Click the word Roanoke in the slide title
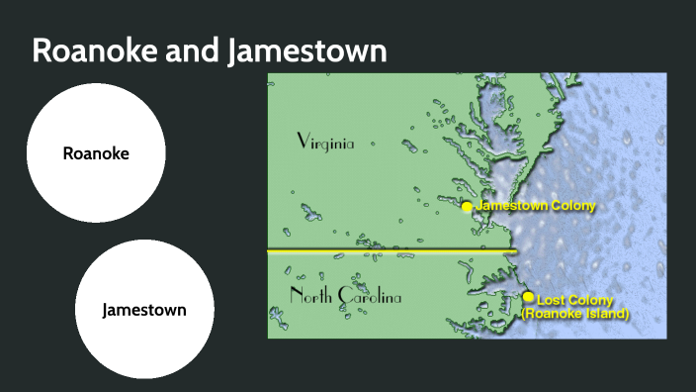click(93, 51)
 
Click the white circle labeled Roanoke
click(96, 153)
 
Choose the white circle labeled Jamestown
click(144, 310)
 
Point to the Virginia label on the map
click(325, 143)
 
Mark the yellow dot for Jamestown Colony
click(468, 207)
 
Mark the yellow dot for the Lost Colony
click(529, 297)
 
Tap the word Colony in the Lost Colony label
click(591, 300)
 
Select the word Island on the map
click(606, 314)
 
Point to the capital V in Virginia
click(304, 142)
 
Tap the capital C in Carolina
click(345, 296)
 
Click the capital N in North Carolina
click(296, 296)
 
